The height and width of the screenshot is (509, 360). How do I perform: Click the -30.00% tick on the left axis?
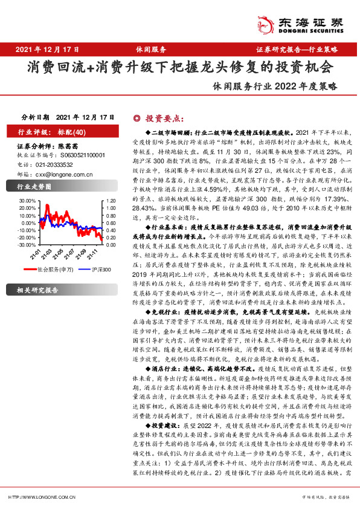coord(28,245)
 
